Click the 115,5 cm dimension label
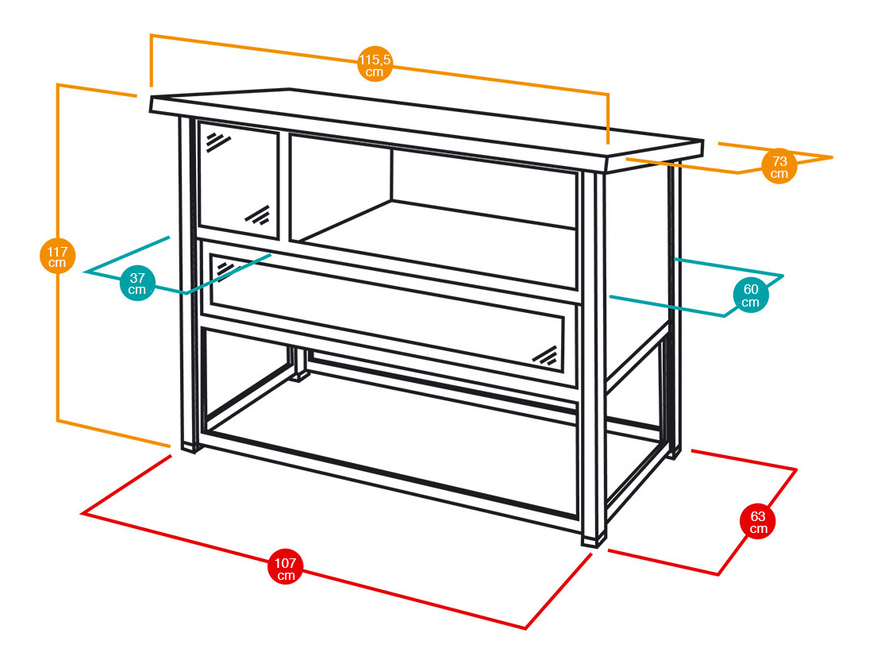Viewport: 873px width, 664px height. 375,65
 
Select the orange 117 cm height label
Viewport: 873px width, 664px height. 57,256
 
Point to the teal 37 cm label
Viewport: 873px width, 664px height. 137,284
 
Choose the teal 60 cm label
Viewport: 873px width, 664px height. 750,295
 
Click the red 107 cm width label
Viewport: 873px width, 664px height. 286,567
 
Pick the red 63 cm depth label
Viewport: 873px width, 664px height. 758,522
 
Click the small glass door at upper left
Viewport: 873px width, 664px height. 238,180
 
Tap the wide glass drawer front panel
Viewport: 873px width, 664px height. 389,314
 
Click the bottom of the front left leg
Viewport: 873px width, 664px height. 188,446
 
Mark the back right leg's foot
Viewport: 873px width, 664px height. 673,454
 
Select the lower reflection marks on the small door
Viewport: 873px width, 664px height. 257,215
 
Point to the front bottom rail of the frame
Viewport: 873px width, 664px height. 389,477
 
